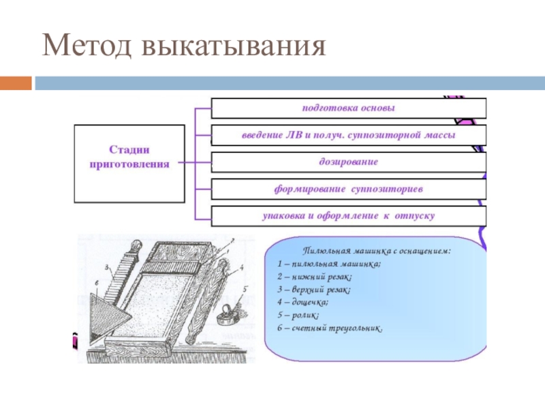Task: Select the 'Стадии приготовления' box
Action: click(129, 164)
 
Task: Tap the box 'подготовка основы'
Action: click(348, 108)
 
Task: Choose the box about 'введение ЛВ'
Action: click(348, 135)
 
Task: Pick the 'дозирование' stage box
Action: click(348, 162)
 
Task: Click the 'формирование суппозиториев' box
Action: click(348, 189)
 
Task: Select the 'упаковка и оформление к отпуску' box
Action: click(348, 216)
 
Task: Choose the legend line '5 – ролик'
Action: click(299, 316)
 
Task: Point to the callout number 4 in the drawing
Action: click(242, 268)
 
